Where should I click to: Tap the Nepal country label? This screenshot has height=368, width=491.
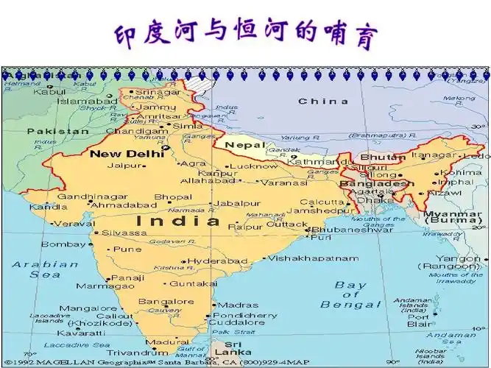click(x=243, y=145)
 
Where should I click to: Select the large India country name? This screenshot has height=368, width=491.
click(x=178, y=220)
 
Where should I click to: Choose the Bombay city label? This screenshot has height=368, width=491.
click(x=63, y=244)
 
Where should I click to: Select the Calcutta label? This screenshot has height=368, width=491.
click(x=317, y=202)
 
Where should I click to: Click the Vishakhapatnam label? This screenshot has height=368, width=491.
click(x=313, y=258)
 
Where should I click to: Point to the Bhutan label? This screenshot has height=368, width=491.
click(x=382, y=157)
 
